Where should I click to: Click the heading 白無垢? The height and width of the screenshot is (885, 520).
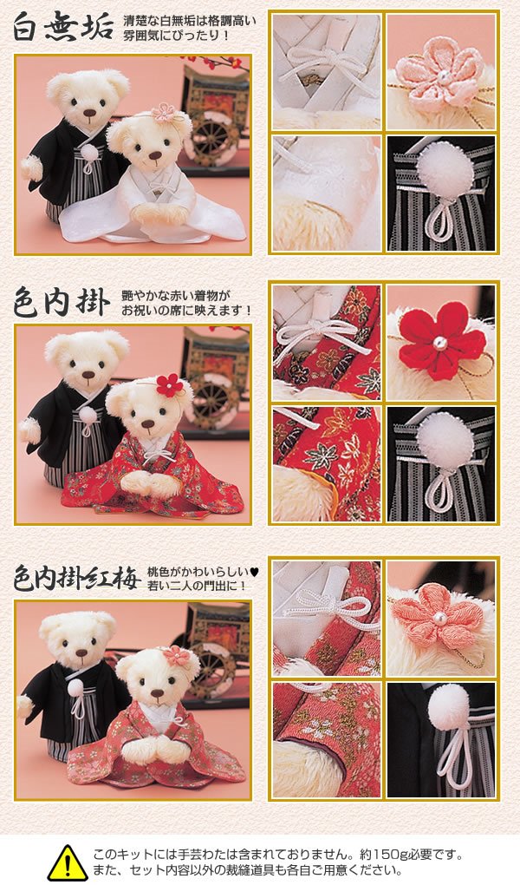point(63,27)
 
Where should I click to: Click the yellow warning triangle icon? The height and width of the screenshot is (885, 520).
point(67,862)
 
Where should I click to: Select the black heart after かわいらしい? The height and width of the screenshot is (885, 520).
point(254,572)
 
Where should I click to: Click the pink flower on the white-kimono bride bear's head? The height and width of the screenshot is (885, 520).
point(164,113)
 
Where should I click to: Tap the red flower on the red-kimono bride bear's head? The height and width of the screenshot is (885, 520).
point(170,385)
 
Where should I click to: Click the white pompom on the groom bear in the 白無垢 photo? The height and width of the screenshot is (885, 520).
point(89,153)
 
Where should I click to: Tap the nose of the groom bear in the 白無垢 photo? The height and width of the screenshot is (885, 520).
point(88,112)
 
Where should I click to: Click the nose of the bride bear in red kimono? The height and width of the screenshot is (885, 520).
point(147,423)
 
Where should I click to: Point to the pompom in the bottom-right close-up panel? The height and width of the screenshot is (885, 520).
point(449,705)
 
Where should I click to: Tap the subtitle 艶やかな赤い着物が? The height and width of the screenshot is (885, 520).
point(177,295)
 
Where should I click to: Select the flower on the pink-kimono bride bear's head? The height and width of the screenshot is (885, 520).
point(177,656)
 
